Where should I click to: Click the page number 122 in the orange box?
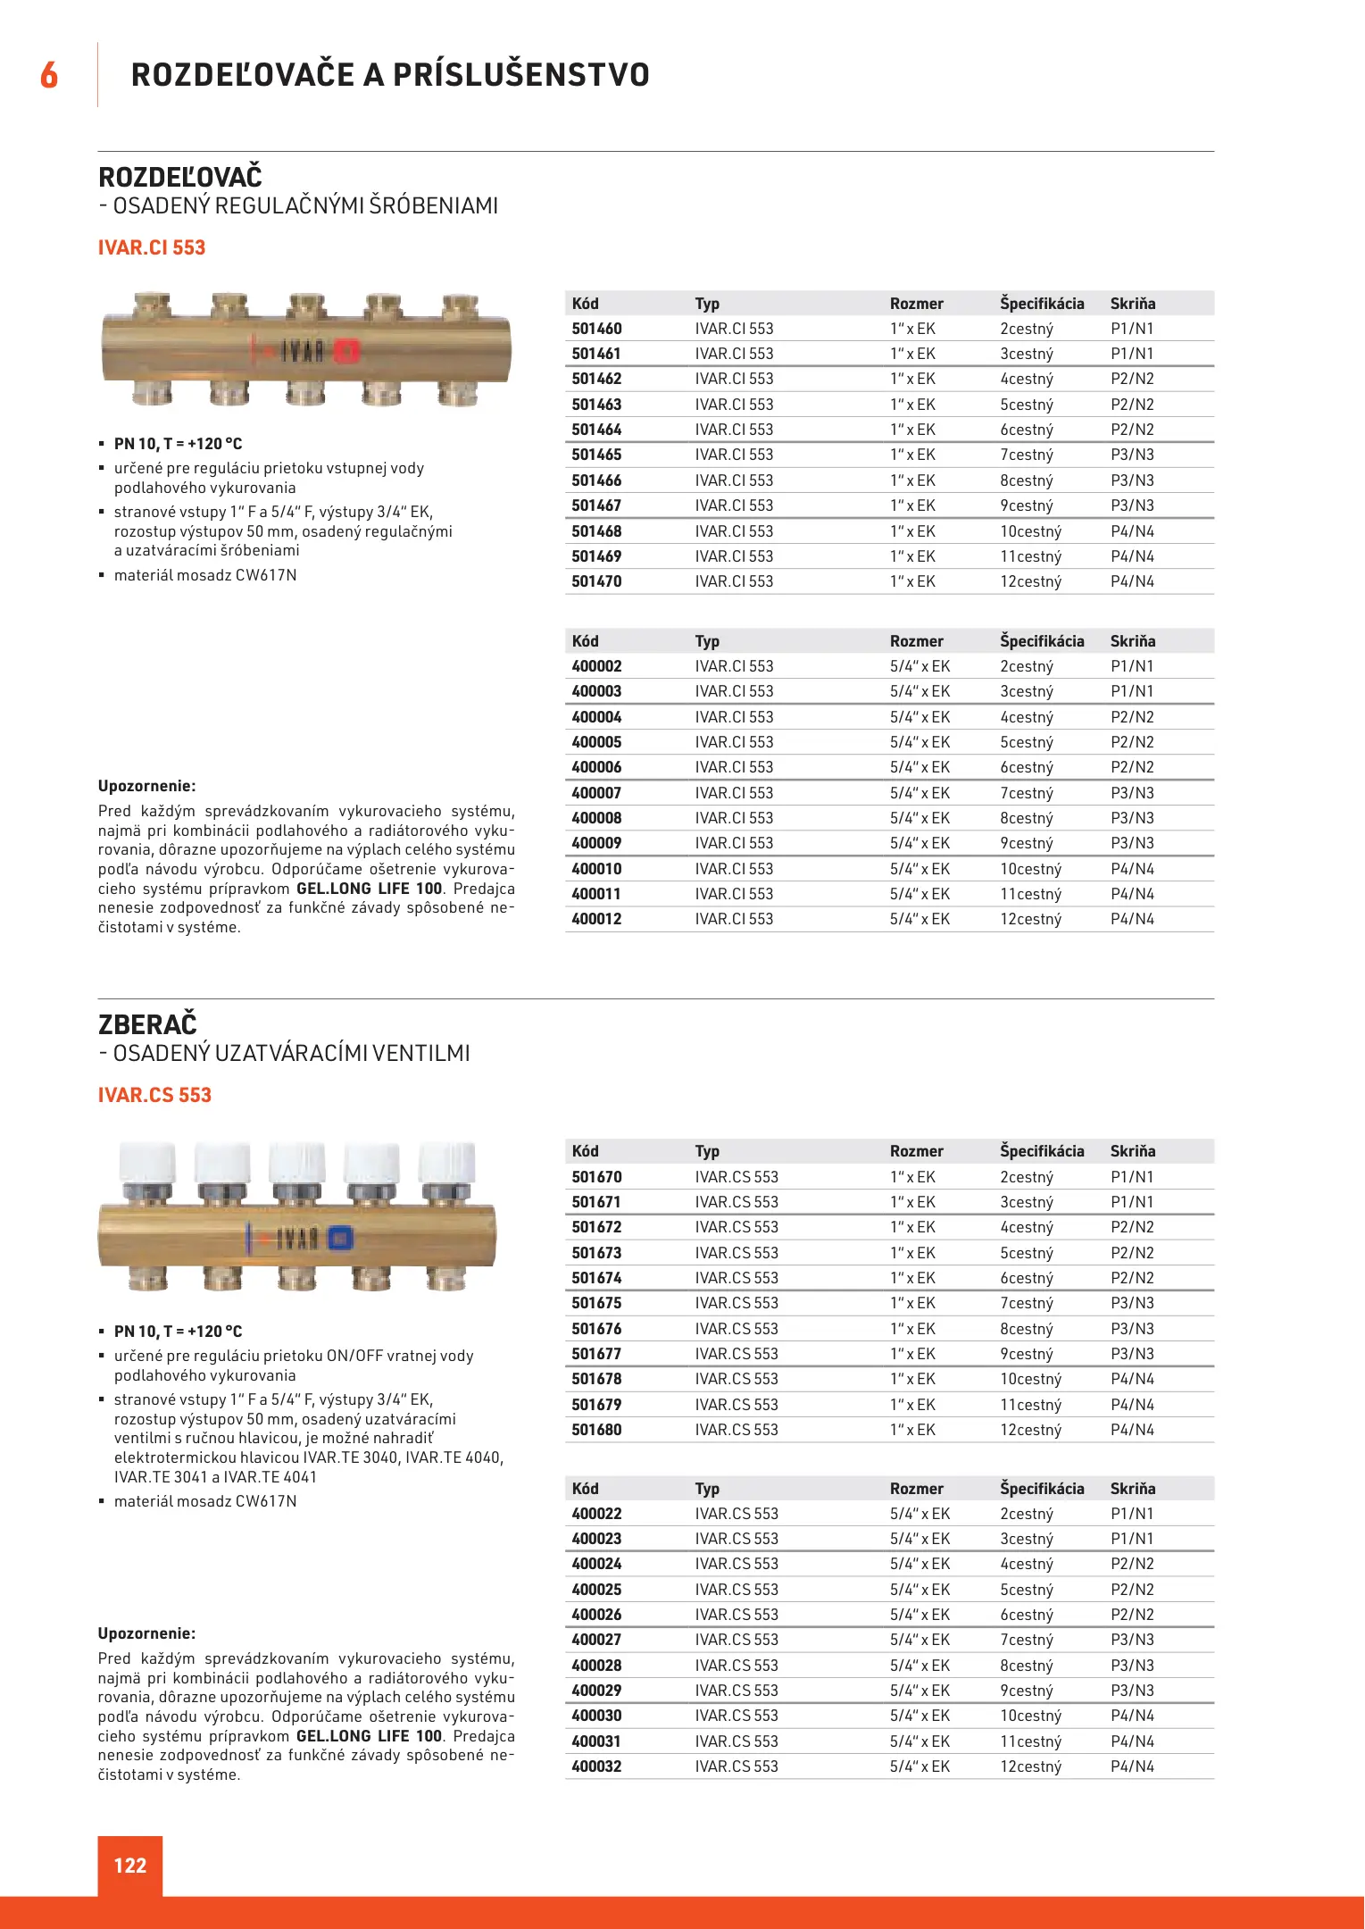tap(129, 1865)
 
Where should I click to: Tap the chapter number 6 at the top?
tap(49, 75)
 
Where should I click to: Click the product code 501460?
tap(596, 329)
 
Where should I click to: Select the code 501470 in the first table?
tap(596, 581)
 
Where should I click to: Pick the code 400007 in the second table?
tap(596, 793)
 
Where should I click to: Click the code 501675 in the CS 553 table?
tap(596, 1303)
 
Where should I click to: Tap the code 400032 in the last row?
tap(596, 1766)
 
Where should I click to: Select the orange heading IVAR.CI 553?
tap(152, 247)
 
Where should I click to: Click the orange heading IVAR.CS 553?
tap(154, 1095)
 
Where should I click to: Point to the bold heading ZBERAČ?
tap(147, 1024)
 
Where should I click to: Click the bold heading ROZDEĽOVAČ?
tap(180, 177)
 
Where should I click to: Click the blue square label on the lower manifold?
tap(340, 1238)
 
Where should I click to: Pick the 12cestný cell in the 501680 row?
tap(1030, 1430)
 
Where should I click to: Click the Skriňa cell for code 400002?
tap(1132, 666)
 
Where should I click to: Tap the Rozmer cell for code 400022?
tap(920, 1514)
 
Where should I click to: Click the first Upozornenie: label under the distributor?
tap(146, 786)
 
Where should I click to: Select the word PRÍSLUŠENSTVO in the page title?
tap(521, 75)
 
